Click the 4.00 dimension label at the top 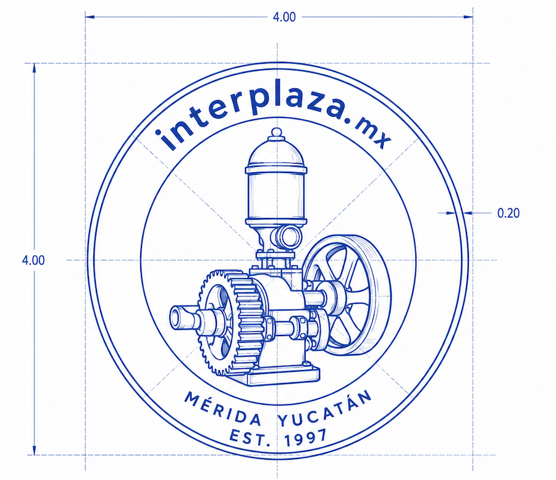[284, 17]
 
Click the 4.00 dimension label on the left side [33, 260]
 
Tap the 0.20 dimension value [508, 213]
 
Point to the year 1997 [306, 438]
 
